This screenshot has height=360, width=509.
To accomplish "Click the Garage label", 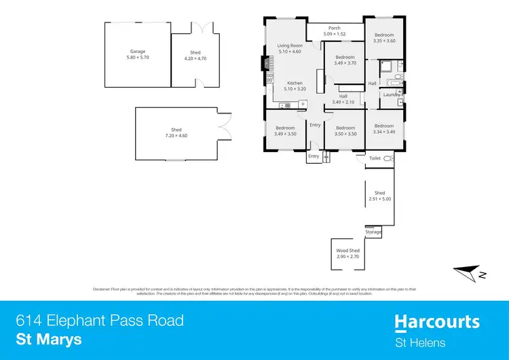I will [138, 52].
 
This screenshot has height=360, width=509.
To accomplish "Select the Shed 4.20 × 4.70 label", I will [195, 52].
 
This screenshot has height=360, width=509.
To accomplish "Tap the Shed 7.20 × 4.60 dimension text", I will [176, 136].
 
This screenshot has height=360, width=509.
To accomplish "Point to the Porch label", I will [335, 28].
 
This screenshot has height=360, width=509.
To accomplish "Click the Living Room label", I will [290, 46].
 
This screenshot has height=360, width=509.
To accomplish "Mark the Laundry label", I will [391, 94].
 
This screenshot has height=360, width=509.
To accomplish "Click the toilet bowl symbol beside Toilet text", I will [388, 158].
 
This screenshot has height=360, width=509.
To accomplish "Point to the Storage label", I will [373, 232].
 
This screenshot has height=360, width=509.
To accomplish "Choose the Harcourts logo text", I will [437, 321].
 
